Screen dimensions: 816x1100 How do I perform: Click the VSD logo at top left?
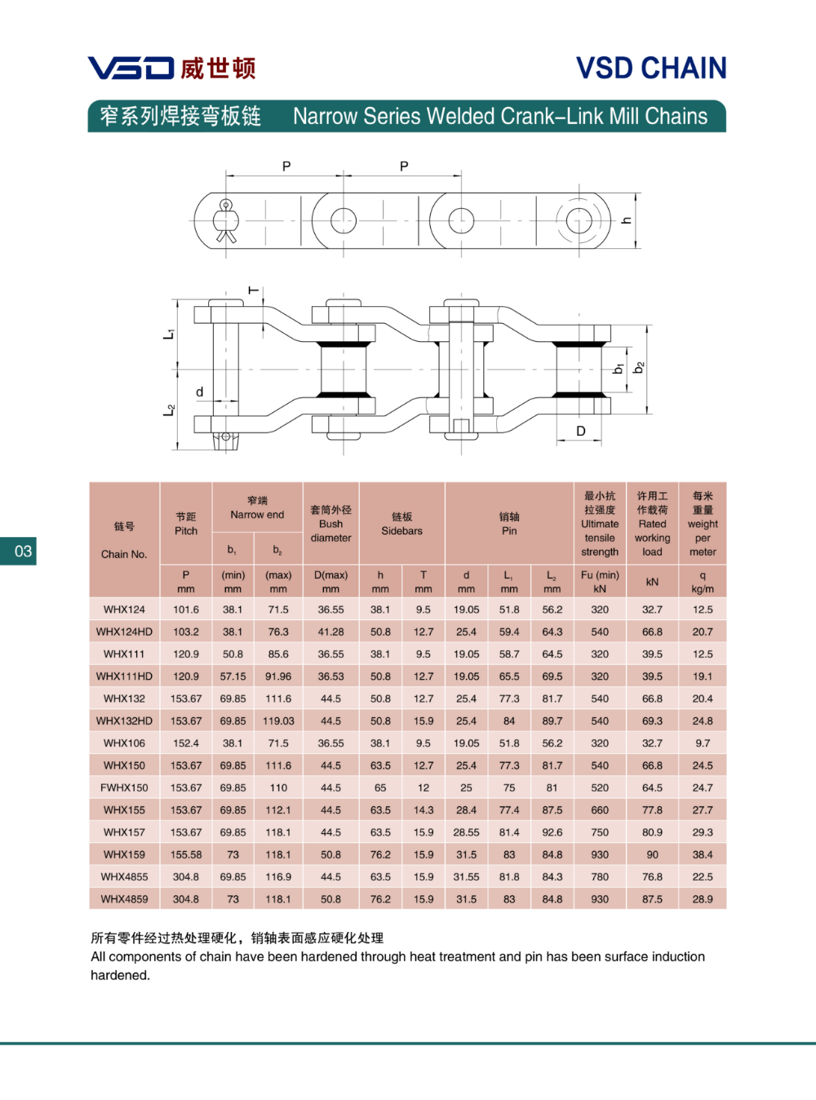(131, 68)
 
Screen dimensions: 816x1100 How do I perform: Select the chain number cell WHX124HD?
(124, 632)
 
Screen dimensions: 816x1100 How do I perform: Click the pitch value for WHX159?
(186, 854)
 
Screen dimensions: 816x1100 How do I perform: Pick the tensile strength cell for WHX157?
(600, 832)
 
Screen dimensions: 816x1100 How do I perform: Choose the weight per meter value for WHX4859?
(703, 899)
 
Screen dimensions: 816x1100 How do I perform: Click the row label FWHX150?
(124, 787)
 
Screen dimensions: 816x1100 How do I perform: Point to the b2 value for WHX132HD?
(278, 721)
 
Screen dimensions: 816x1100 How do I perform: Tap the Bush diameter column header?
(330, 524)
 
